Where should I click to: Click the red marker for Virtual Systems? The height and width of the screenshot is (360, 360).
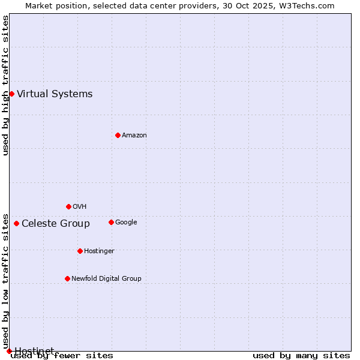click(11, 94)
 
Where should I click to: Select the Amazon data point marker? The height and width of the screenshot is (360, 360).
click(118, 135)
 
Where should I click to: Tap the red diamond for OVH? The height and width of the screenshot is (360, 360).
click(68, 206)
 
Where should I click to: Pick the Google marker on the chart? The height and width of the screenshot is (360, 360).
click(111, 222)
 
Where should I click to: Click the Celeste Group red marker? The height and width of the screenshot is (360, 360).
click(16, 224)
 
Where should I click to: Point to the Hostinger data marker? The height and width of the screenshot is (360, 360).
click(80, 251)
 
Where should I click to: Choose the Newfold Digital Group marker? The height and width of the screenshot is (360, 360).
click(67, 278)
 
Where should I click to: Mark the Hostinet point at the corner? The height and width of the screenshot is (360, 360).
click(9, 351)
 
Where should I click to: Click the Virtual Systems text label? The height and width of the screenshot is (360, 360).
click(55, 94)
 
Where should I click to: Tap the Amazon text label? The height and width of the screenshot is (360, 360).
click(134, 135)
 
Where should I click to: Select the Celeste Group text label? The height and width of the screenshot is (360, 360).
click(56, 224)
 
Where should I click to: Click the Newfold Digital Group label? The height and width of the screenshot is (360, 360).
click(106, 278)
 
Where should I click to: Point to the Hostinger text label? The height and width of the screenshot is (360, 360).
click(99, 251)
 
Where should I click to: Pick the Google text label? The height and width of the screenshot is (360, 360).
click(126, 222)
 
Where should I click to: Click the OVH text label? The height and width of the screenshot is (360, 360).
click(80, 206)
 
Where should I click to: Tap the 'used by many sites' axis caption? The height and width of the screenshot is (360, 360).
click(301, 355)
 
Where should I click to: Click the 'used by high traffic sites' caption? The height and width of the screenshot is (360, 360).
click(5, 85)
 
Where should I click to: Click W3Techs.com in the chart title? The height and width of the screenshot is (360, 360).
click(306, 5)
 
